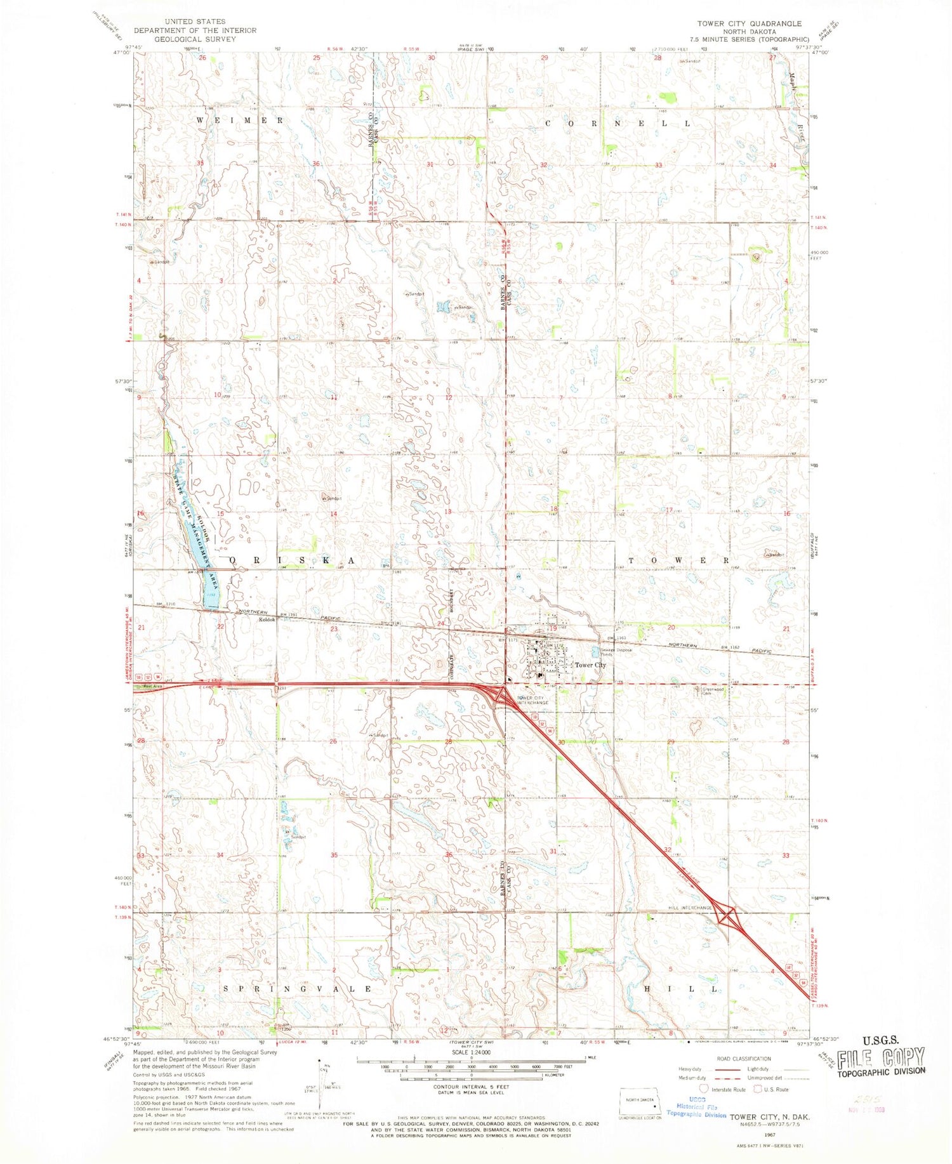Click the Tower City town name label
coord(590,665)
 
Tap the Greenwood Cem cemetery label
coord(711,691)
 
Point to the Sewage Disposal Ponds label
coord(613,651)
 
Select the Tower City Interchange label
coord(532,700)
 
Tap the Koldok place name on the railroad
coord(266,619)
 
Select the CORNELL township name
coord(617,123)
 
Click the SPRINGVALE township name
coord(298,989)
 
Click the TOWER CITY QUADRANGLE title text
coord(749,23)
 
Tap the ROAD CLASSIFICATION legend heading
coord(743,1059)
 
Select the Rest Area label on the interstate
coord(152,686)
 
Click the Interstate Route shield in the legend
coord(703,1089)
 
